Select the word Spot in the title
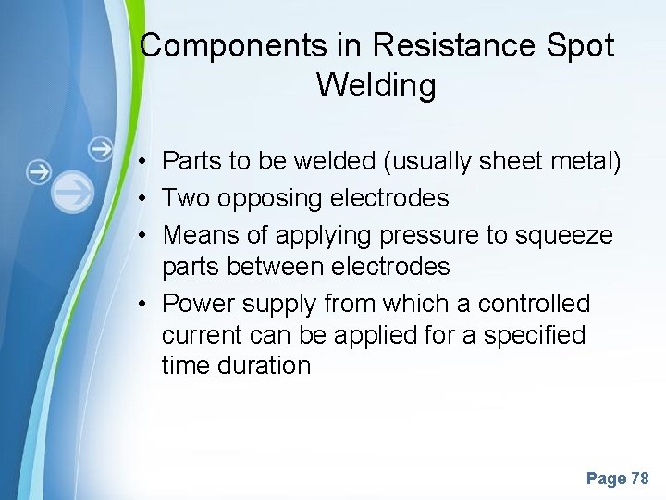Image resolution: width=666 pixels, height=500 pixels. click(x=584, y=46)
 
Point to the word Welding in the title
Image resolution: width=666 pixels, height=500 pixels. click(x=376, y=85)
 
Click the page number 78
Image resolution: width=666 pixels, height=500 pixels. click(x=639, y=479)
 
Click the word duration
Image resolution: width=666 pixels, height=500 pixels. click(x=265, y=366)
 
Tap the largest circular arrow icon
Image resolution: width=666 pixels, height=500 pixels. click(x=72, y=193)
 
